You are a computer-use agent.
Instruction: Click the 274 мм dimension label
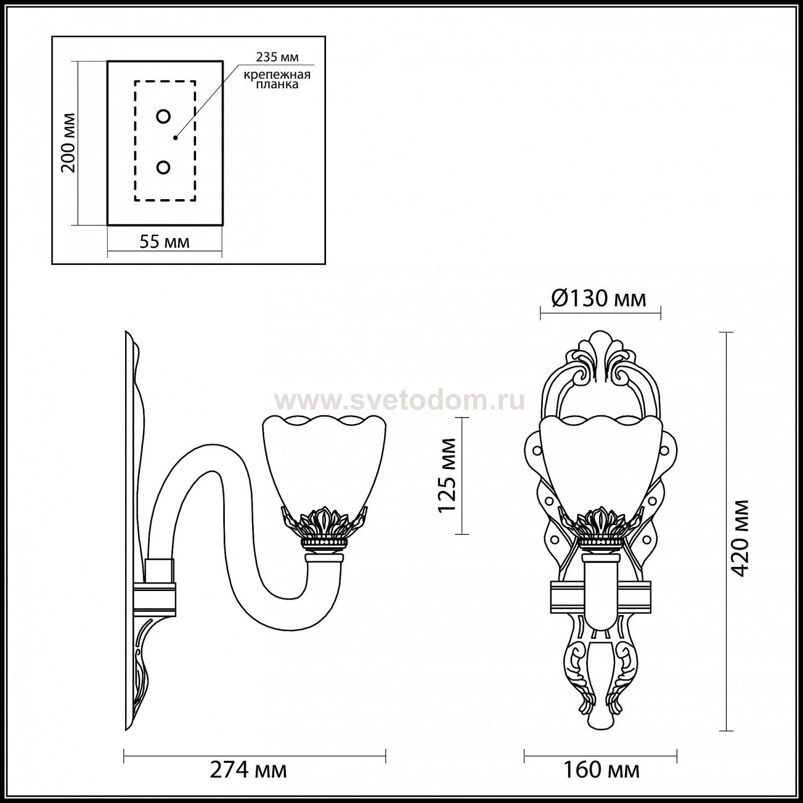(x=248, y=771)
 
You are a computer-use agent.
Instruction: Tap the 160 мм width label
(x=601, y=771)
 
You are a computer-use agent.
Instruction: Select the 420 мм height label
(x=740, y=538)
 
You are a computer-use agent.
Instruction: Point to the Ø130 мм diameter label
(x=599, y=299)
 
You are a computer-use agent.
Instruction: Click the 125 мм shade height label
(x=447, y=475)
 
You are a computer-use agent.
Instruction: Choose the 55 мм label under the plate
(x=164, y=242)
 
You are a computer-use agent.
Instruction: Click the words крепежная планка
(x=277, y=79)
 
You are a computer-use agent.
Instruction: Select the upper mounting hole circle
(x=163, y=116)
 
